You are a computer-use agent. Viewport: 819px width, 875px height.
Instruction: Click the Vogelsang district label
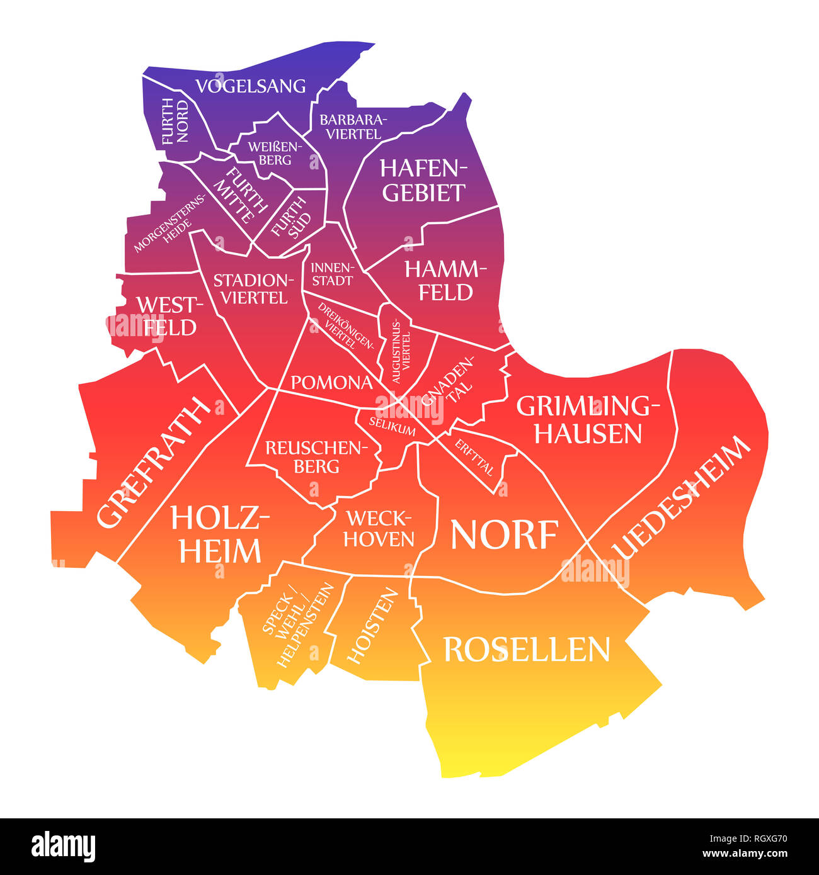point(250,86)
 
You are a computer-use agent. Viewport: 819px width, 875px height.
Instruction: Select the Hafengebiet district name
point(423,181)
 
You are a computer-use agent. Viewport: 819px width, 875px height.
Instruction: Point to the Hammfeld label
point(446,281)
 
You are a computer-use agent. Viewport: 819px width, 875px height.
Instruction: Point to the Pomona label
point(331,382)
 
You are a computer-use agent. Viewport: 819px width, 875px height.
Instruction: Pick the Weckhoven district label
point(379,529)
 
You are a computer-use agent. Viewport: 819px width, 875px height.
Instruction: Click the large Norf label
point(504,535)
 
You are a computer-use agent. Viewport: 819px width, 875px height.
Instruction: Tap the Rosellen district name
point(527,650)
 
